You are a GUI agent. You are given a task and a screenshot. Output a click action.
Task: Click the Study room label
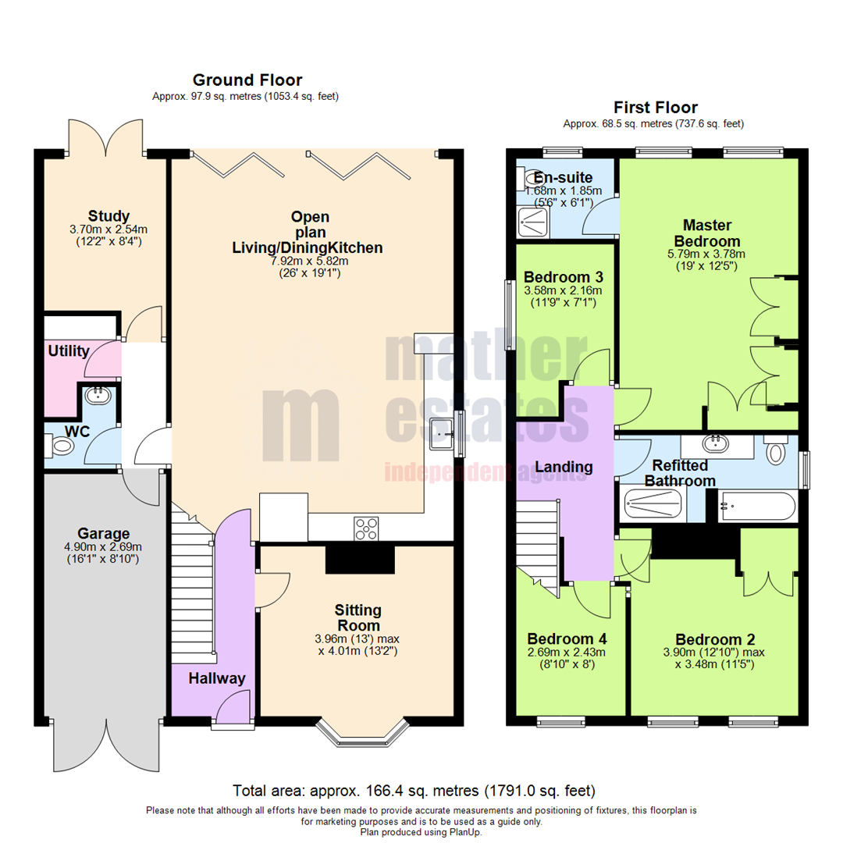point(108,215)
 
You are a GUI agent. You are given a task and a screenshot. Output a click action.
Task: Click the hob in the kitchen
point(366,528)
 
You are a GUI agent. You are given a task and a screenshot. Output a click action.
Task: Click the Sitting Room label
point(357,617)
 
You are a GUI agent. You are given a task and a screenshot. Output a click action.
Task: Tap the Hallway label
point(216,678)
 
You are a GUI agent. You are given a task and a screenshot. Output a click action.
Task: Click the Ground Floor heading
point(247,80)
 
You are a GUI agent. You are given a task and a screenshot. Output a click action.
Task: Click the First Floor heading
point(655,107)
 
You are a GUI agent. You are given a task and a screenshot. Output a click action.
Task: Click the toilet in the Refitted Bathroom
point(774,452)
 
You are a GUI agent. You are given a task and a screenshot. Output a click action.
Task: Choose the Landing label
point(566,467)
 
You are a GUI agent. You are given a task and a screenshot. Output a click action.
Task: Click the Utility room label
point(69,351)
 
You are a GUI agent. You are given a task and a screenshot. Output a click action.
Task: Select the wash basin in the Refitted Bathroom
point(715,446)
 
